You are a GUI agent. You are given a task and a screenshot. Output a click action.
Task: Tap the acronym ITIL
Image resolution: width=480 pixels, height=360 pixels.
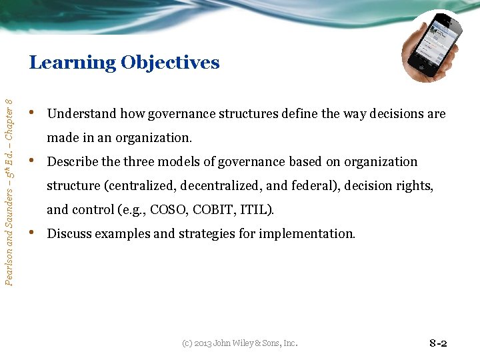pos(256,210)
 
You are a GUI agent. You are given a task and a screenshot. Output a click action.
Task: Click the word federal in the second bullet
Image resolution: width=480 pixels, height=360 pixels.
pos(312,186)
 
